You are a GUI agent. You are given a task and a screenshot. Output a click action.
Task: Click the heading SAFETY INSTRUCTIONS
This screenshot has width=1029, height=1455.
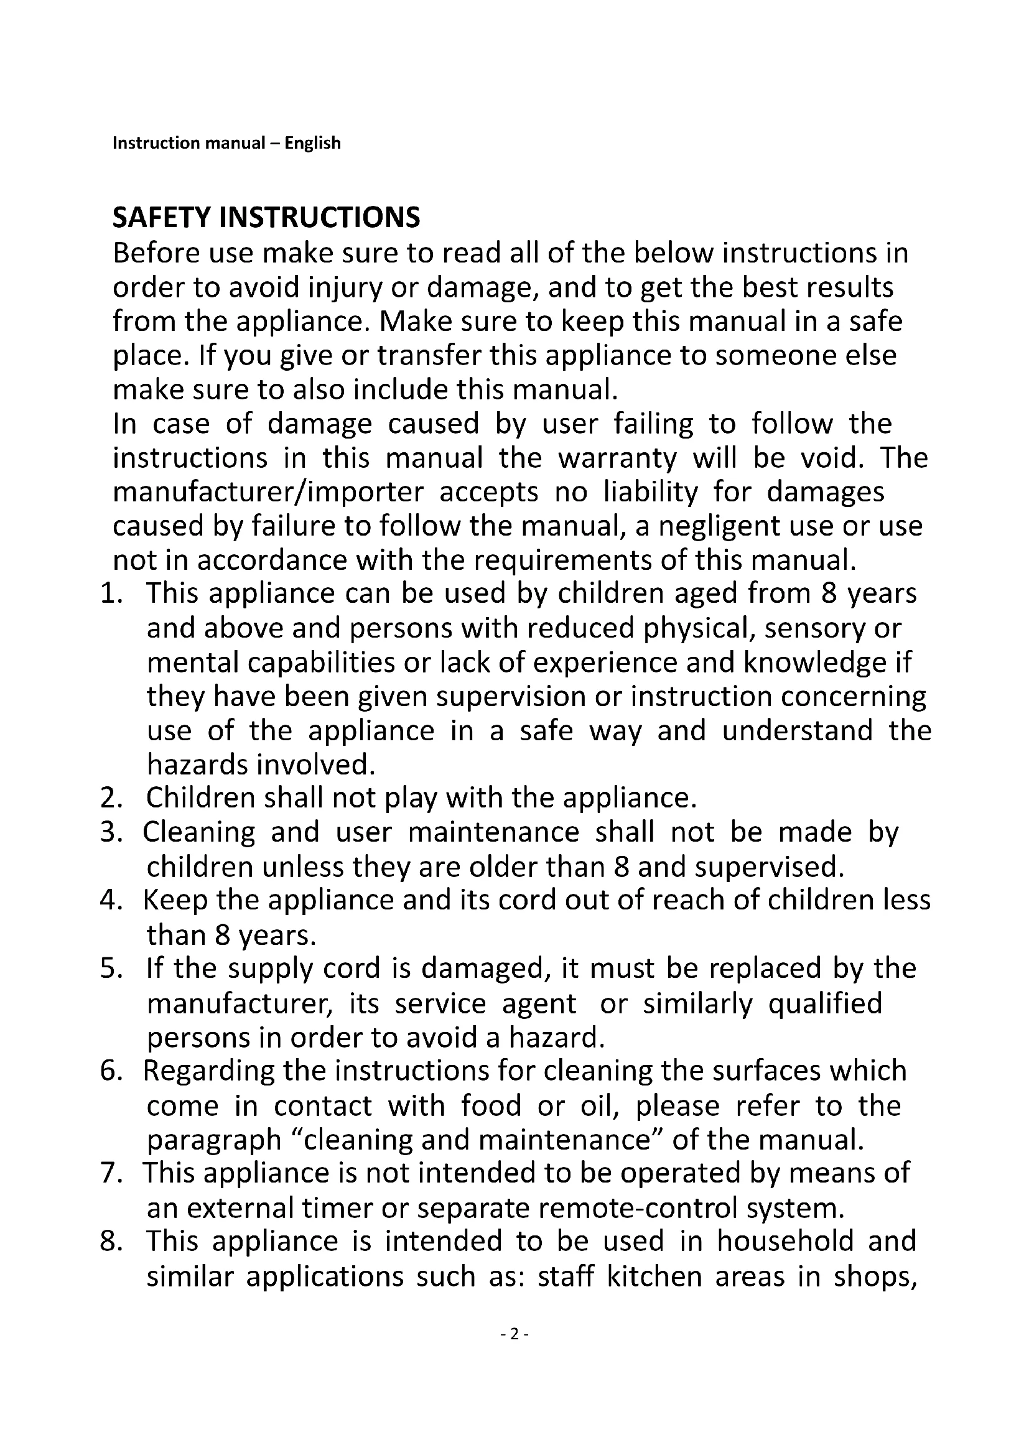coord(266,217)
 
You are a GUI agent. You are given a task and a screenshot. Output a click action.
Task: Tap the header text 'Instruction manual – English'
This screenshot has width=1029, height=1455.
coord(226,143)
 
